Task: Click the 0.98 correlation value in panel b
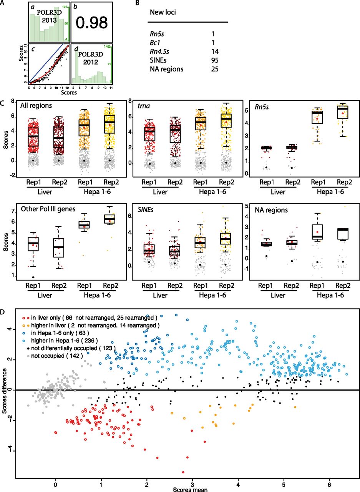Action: (x=92, y=23)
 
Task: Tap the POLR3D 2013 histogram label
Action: (x=50, y=17)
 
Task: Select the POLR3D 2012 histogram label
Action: (x=90, y=58)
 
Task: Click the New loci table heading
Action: (x=163, y=12)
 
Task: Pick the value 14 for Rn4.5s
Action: (x=215, y=52)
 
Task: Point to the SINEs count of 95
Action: (x=215, y=60)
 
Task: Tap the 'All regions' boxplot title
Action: (x=36, y=106)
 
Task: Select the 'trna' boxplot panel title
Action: (x=144, y=106)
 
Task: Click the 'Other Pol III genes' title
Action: (x=48, y=209)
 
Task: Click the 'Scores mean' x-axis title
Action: (x=190, y=489)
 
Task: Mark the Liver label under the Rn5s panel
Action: (x=278, y=192)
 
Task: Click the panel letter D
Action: (x=2, y=312)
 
